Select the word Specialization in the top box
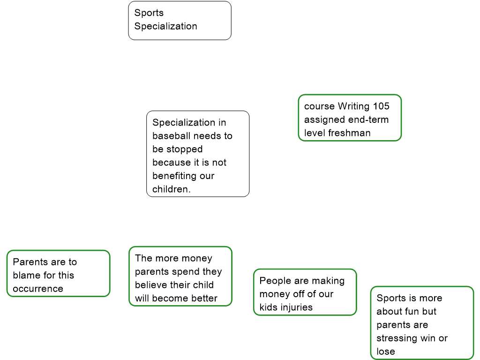[x=165, y=26]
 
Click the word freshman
[x=349, y=133]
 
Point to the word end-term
[x=368, y=120]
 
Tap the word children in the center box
[x=170, y=189]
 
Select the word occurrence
[x=38, y=289]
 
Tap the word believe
[x=150, y=285]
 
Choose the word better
[x=204, y=298]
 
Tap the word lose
[x=386, y=352]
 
